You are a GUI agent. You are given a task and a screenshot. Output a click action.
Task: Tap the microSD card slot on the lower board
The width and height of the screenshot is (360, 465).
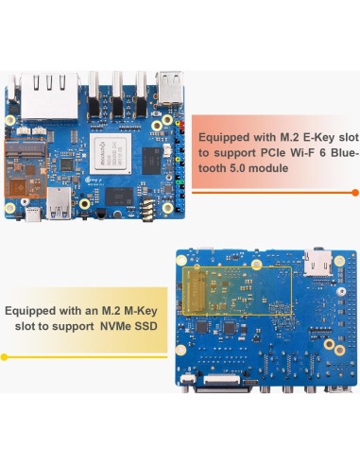[317, 264]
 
